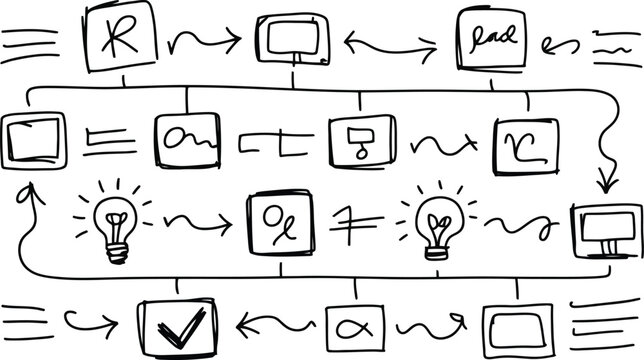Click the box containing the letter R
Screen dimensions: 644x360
121,37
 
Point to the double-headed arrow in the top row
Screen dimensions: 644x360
390,44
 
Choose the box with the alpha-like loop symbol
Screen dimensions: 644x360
356,326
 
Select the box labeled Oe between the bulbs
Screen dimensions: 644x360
281,222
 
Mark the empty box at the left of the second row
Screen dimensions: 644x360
34,140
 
